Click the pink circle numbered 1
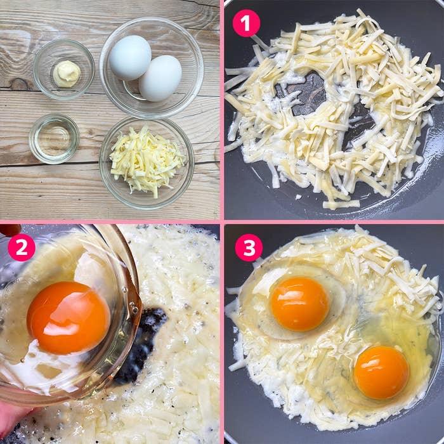(x=246, y=23)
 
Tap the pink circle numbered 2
(x=21, y=247)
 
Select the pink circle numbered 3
(x=249, y=247)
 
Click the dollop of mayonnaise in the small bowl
(x=67, y=74)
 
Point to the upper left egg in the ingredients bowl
(x=130, y=58)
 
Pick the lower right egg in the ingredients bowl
(x=160, y=79)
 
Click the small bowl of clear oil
(x=55, y=139)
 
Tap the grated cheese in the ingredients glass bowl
(x=146, y=161)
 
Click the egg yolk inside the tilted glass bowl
(x=69, y=317)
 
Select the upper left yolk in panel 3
(x=299, y=304)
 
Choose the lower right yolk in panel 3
(x=381, y=372)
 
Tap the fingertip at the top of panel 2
(x=10, y=230)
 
